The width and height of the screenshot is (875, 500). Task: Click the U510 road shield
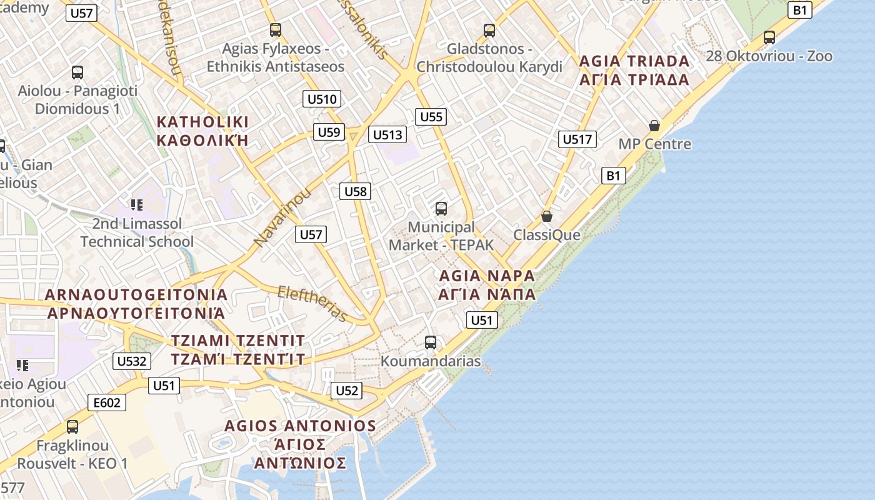(322, 99)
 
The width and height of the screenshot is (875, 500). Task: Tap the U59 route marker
(329, 132)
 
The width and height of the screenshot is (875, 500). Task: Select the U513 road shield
(387, 134)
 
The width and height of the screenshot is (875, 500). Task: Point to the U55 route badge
(431, 117)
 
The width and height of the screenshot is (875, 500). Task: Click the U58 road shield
(356, 191)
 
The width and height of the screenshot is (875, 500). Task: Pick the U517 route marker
(577, 139)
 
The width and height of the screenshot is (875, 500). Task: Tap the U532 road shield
(132, 361)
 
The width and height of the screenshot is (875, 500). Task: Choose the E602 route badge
(106, 402)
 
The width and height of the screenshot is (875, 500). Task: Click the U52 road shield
(347, 391)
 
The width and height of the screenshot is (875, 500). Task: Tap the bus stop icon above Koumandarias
(431, 342)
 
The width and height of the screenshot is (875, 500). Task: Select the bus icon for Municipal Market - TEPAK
(441, 208)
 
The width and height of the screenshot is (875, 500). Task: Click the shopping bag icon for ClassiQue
(547, 216)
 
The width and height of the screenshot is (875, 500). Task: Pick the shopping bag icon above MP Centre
(654, 126)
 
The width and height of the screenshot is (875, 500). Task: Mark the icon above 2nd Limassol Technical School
(137, 204)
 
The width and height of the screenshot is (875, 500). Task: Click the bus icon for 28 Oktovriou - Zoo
(769, 37)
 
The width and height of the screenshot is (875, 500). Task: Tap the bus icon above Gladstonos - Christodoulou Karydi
(489, 30)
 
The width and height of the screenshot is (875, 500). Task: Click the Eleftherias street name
(312, 303)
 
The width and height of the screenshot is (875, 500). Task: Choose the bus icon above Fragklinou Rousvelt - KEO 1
(72, 427)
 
